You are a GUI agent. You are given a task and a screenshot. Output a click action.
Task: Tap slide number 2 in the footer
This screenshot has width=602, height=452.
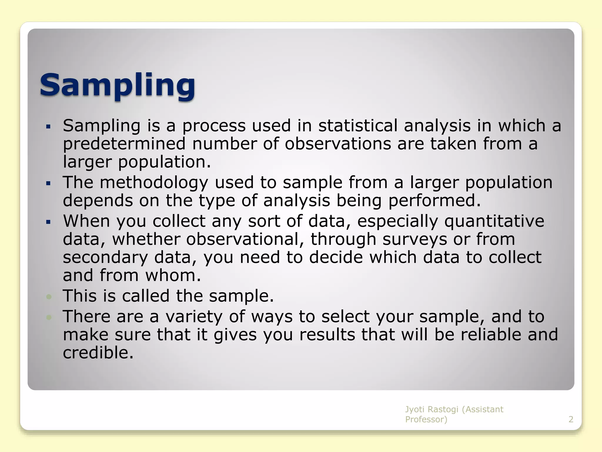(x=571, y=419)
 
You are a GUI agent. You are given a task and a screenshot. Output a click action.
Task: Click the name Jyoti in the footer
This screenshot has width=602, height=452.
(x=415, y=409)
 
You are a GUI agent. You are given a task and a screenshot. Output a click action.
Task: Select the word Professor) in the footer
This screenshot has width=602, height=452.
(x=426, y=419)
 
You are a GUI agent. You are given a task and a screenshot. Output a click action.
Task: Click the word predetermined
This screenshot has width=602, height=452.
(x=124, y=144)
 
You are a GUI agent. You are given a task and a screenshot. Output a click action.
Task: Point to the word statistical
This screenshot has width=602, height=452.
(x=358, y=126)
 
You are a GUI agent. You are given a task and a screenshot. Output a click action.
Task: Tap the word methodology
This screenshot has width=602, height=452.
(x=154, y=182)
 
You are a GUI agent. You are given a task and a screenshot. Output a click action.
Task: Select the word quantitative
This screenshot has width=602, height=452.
(x=494, y=221)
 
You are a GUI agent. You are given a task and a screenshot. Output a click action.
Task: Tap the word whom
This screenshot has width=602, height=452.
(x=173, y=275)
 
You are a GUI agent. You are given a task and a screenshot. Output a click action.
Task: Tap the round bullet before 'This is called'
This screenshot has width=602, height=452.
(x=49, y=297)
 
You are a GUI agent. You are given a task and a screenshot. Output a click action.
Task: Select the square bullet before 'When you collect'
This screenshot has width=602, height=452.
(x=49, y=222)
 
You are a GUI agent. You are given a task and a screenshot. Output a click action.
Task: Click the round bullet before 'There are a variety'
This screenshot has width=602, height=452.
(x=49, y=317)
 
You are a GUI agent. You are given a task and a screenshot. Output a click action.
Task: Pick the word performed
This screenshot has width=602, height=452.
(x=434, y=201)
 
